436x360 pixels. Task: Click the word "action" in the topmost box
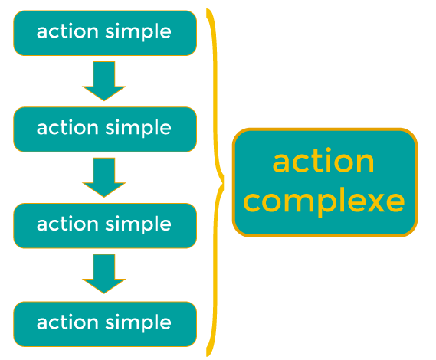[x=67, y=31]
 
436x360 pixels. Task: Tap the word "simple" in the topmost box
[x=138, y=31]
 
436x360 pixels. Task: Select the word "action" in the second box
[x=67, y=128]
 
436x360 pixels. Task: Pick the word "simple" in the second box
[x=138, y=128]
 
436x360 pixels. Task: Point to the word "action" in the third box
[x=67, y=224]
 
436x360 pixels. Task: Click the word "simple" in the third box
[x=138, y=224]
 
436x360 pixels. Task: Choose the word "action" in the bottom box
[x=67, y=322]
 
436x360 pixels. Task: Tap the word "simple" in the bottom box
[x=138, y=323]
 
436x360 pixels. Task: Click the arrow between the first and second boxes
[x=104, y=81]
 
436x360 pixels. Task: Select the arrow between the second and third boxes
[x=104, y=178]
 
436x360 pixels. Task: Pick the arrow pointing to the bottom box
[x=104, y=273]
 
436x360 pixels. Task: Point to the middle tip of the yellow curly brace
[x=223, y=183]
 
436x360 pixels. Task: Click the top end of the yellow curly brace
[x=208, y=10]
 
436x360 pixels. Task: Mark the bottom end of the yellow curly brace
[x=208, y=355]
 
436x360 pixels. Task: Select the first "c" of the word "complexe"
[x=253, y=201]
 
